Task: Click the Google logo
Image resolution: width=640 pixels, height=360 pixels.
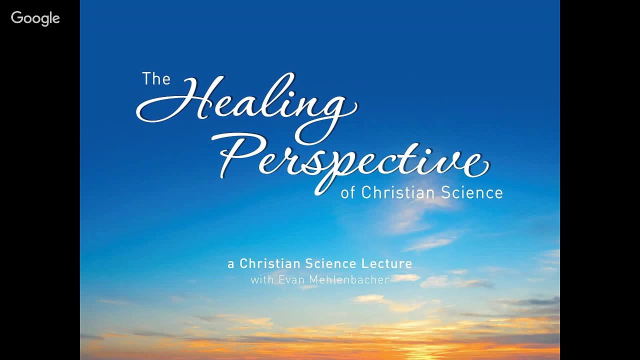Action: coord(35,18)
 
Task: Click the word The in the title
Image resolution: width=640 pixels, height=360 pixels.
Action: coord(156,79)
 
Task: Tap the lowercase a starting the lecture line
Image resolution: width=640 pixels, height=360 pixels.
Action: coord(231,264)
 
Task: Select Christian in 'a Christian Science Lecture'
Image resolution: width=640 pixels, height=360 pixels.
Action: coord(269,263)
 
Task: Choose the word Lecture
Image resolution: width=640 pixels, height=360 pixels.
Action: coord(386,263)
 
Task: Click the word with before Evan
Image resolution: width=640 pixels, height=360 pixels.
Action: coord(262,279)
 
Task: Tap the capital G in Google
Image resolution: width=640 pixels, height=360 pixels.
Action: coord(16,18)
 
